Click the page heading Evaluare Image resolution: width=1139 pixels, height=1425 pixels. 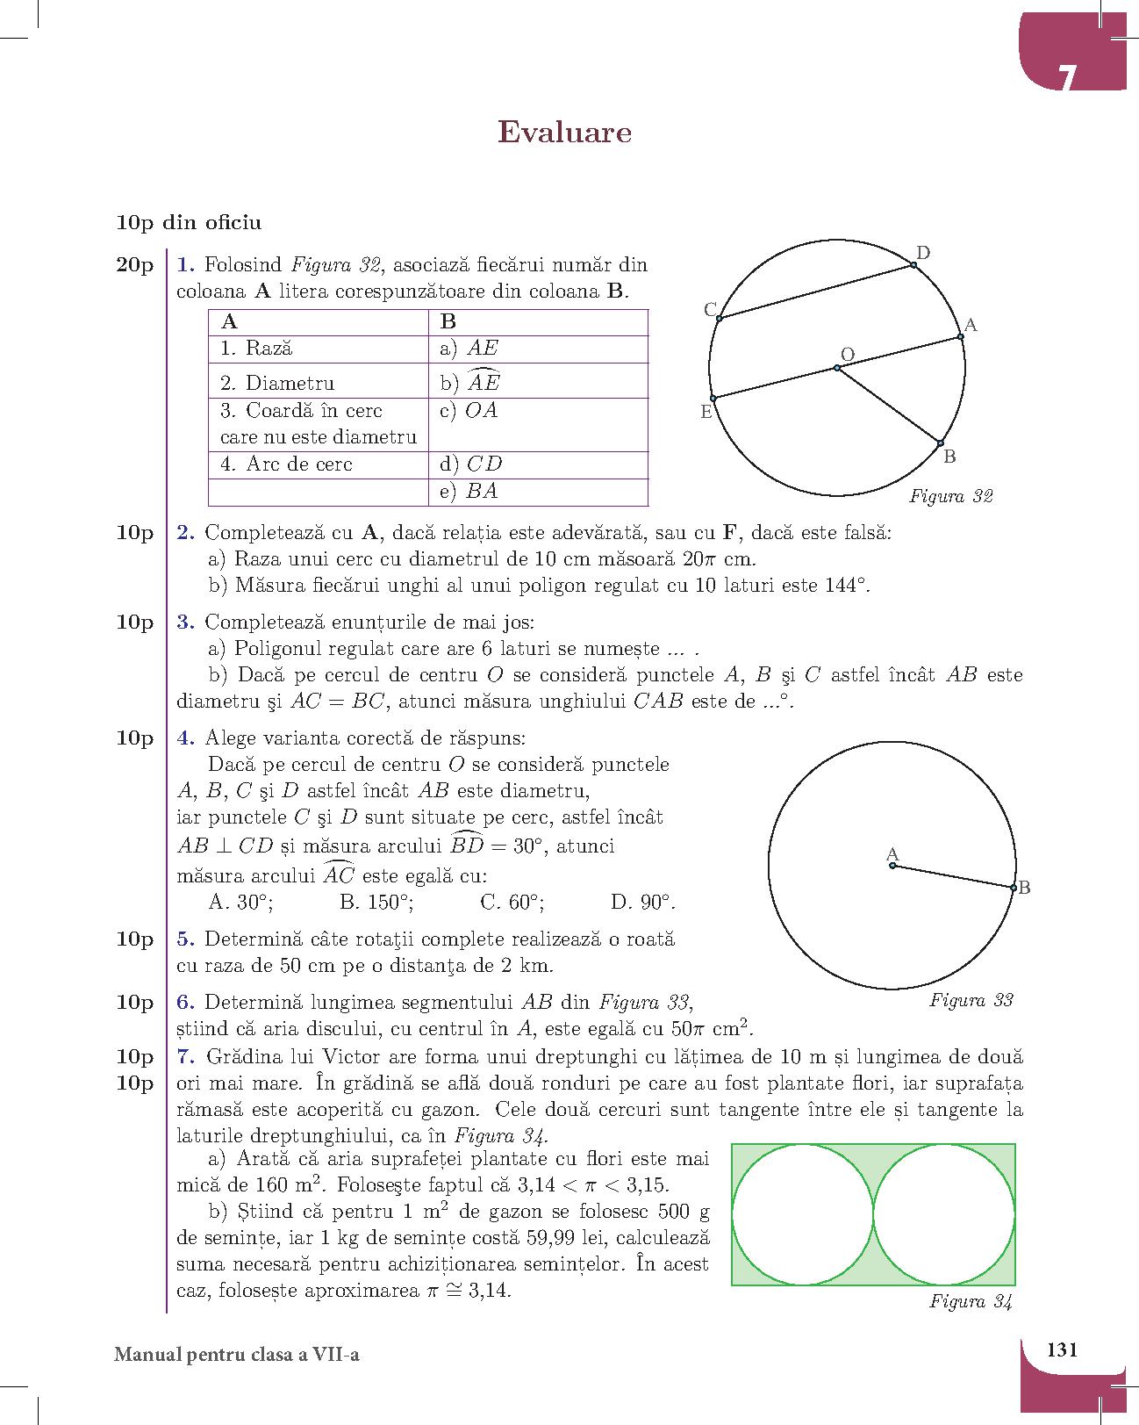pyautogui.click(x=564, y=133)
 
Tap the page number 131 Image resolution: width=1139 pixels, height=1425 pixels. pyautogui.click(x=1062, y=1349)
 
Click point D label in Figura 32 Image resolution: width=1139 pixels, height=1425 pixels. pyautogui.click(x=923, y=254)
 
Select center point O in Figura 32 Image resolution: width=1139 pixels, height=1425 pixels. pyautogui.click(x=837, y=368)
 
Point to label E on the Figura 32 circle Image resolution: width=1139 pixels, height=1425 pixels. pyautogui.click(x=706, y=412)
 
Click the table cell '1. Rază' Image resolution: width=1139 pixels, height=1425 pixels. pyautogui.click(x=318, y=349)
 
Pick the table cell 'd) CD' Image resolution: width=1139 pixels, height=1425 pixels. pyautogui.click(x=542, y=464)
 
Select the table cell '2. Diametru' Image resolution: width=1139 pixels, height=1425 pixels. pyautogui.click(x=318, y=383)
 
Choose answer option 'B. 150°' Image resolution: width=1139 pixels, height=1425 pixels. pyautogui.click(x=376, y=903)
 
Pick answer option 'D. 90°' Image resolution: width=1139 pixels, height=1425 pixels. pyautogui.click(x=642, y=903)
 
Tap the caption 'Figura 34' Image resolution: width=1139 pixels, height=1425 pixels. pyautogui.click(x=971, y=1302)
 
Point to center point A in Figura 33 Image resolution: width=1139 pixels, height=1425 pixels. pyautogui.click(x=892, y=866)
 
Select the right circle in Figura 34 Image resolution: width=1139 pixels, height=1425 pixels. pyautogui.click(x=944, y=1214)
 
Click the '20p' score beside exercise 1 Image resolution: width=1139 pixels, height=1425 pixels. pyautogui.click(x=134, y=265)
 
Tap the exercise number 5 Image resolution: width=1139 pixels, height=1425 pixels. pyautogui.click(x=184, y=939)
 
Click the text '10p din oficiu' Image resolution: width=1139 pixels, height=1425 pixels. pyautogui.click(x=189, y=223)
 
